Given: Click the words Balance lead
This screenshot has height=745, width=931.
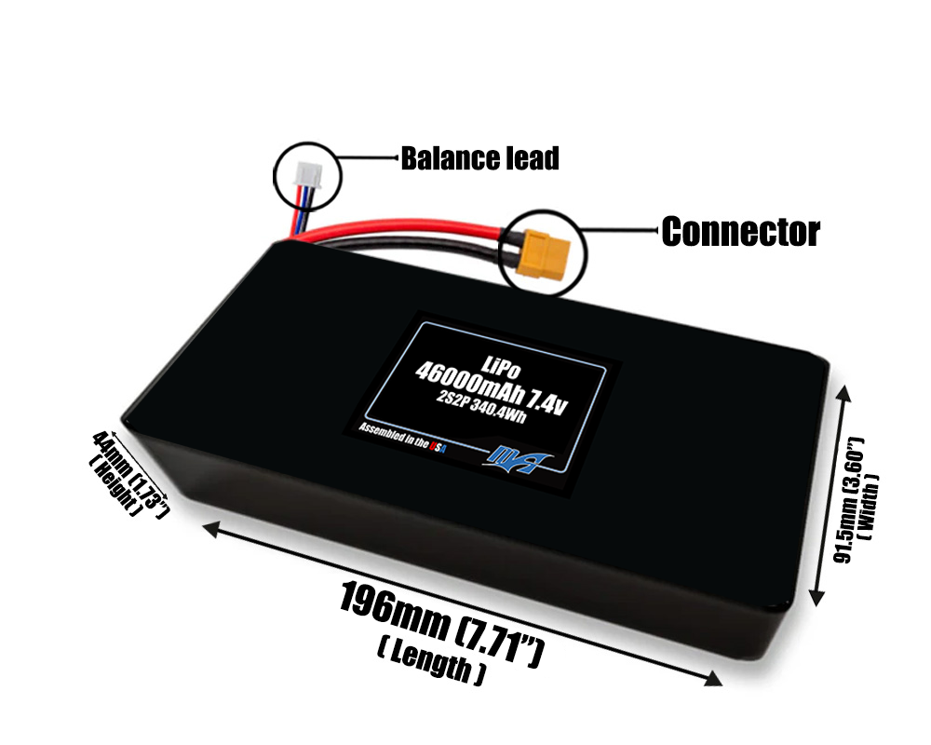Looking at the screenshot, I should (x=479, y=158).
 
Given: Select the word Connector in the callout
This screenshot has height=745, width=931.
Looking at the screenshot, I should (x=740, y=232).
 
